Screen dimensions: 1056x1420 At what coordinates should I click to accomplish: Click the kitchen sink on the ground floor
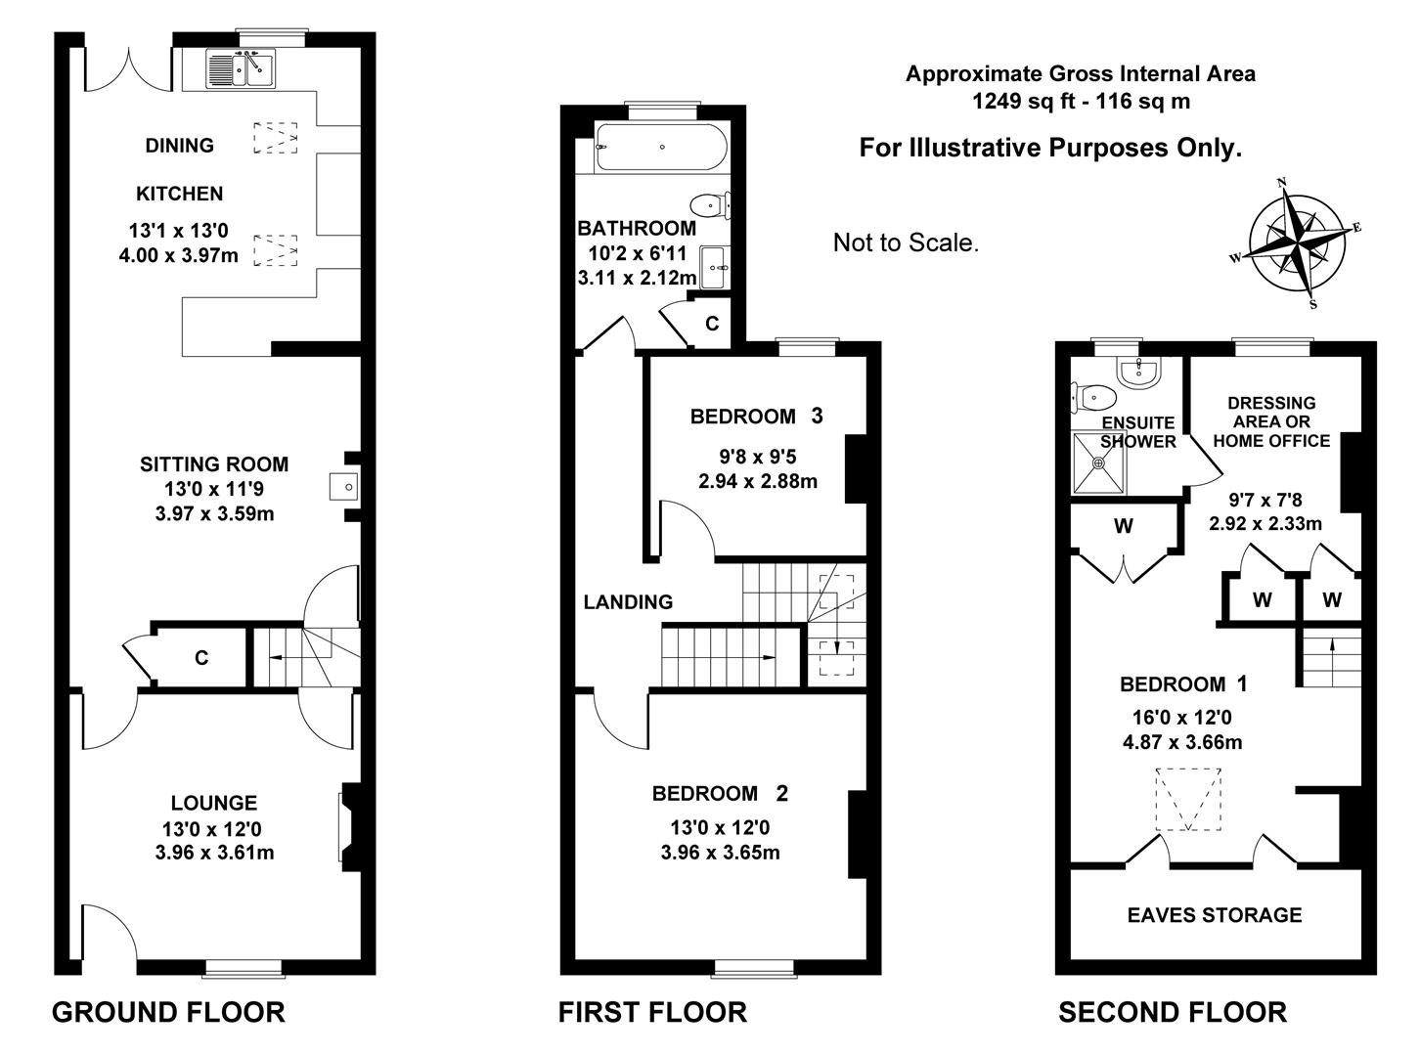click(x=239, y=68)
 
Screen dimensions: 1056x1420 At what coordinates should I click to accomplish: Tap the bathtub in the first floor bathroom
click(x=661, y=148)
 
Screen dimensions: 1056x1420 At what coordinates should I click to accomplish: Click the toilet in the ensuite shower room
click(x=1095, y=397)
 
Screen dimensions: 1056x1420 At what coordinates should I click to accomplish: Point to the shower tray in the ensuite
click(x=1099, y=463)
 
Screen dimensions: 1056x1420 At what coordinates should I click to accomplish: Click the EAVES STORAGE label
click(x=1214, y=915)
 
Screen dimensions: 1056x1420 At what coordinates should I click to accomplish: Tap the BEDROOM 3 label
click(x=756, y=417)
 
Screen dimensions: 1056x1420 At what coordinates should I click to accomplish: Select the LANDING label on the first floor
click(x=628, y=602)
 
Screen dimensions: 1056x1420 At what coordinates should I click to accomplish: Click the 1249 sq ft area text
click(x=1080, y=101)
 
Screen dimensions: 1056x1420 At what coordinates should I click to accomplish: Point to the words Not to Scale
click(x=906, y=242)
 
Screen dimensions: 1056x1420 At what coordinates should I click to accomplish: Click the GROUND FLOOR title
click(x=168, y=1012)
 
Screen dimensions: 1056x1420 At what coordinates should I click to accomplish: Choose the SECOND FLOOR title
click(x=1172, y=1012)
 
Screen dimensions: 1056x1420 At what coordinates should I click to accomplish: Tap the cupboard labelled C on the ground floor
click(x=200, y=658)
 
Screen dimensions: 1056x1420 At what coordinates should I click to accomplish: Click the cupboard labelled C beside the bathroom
click(x=712, y=323)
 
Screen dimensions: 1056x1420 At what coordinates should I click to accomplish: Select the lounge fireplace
click(x=349, y=827)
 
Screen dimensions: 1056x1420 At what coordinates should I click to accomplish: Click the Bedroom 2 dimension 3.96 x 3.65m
click(x=720, y=853)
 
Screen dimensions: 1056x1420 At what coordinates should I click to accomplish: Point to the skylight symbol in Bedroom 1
click(x=1189, y=800)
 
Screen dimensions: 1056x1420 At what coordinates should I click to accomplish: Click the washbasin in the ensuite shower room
click(x=1139, y=371)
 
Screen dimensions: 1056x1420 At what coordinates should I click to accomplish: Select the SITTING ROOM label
click(x=214, y=464)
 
